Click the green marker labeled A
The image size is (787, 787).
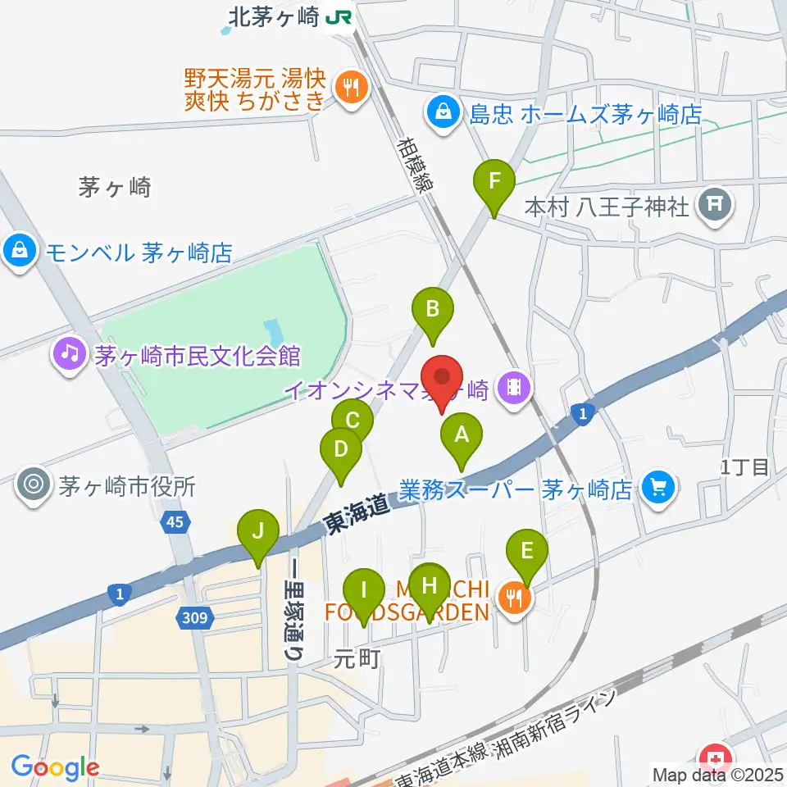click(x=461, y=437)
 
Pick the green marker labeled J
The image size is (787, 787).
click(x=258, y=534)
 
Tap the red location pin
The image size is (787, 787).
click(x=443, y=380)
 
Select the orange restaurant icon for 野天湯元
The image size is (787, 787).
click(x=352, y=85)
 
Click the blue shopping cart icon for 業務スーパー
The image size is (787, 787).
click(x=657, y=488)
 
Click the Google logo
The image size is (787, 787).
click(x=56, y=768)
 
